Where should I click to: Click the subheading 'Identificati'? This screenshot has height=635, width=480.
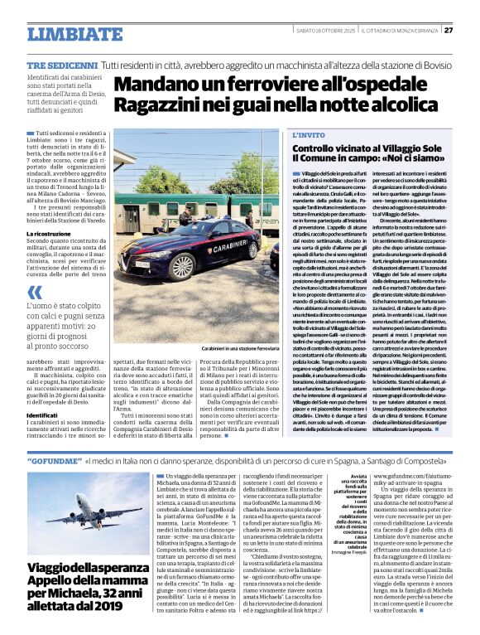41,414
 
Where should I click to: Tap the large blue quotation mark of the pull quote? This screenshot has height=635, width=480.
34,292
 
